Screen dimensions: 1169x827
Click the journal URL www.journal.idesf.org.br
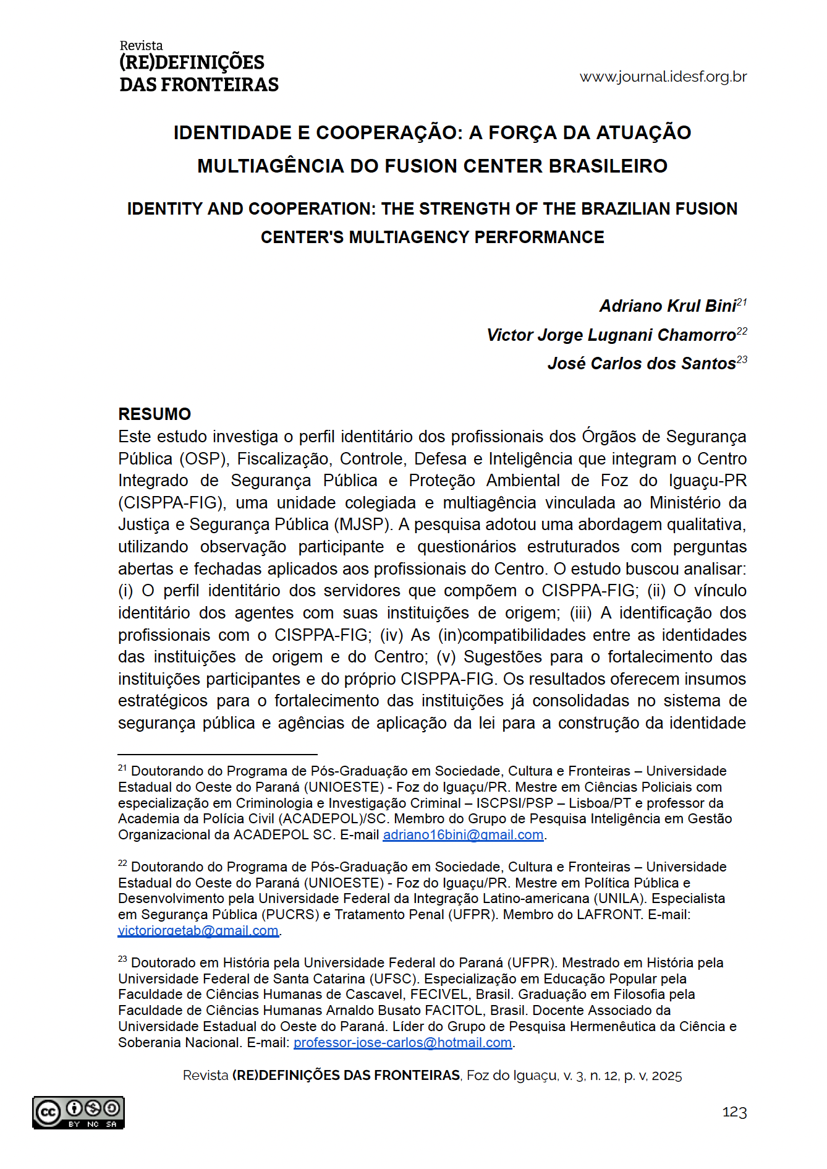[x=663, y=77]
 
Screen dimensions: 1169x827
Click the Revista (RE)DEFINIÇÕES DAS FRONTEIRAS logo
[x=198, y=67]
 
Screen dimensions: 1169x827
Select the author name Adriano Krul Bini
[x=668, y=306]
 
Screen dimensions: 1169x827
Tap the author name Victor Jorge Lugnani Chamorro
[x=611, y=335]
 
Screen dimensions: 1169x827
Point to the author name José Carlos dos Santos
[x=642, y=364]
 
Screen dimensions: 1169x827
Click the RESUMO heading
[x=155, y=414]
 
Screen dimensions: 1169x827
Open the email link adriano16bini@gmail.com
[x=463, y=835]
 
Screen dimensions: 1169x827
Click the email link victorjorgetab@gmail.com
[x=198, y=931]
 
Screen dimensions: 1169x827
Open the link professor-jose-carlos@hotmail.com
[x=402, y=1043]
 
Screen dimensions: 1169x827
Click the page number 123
[x=734, y=1113]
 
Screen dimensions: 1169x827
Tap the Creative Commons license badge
[x=78, y=1113]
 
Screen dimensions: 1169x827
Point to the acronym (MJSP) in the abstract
[x=363, y=525]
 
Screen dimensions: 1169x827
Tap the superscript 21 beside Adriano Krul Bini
[x=742, y=302]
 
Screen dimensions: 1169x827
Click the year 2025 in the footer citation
[x=666, y=1076]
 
